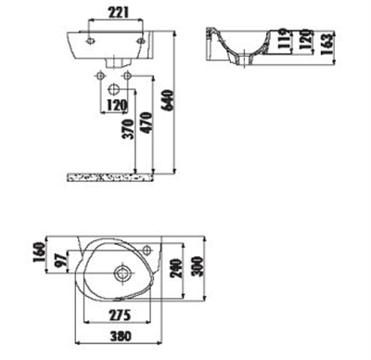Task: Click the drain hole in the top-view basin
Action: pos(121,274)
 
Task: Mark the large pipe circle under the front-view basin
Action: pos(113,89)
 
